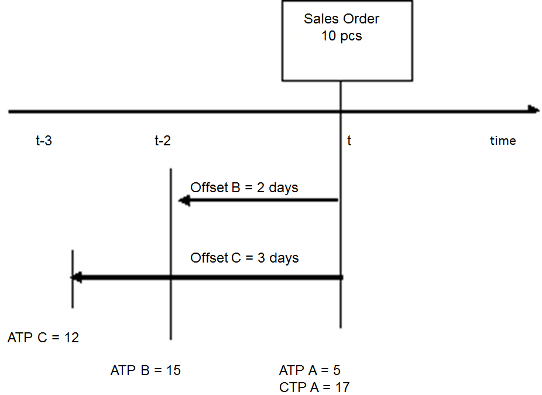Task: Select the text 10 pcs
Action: click(341, 36)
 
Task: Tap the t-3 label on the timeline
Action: click(43, 141)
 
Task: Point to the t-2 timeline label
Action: click(163, 141)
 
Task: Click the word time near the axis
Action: click(503, 141)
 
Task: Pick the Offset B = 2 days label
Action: click(244, 188)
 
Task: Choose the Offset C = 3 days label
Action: click(244, 258)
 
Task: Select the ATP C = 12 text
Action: click(43, 338)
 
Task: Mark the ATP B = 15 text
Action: click(145, 370)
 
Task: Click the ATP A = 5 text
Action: click(310, 370)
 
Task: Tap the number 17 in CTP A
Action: click(342, 387)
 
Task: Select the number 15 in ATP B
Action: click(173, 370)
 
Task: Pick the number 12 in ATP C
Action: click(71, 338)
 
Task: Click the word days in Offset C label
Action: click(284, 258)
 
